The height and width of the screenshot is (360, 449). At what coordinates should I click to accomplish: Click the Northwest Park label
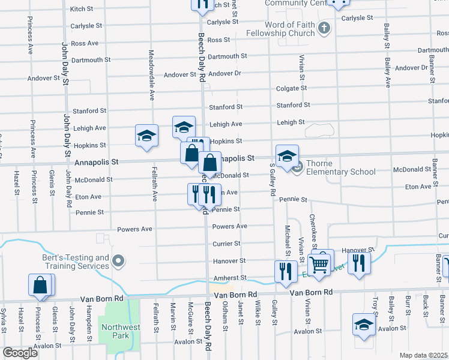(x=121, y=332)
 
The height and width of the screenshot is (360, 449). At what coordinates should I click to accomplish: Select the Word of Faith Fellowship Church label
(x=280, y=28)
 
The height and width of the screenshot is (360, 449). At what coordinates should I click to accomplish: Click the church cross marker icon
(x=324, y=28)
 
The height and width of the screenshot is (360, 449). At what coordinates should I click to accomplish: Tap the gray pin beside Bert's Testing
(x=119, y=261)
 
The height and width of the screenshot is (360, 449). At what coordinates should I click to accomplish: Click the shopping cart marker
(x=319, y=262)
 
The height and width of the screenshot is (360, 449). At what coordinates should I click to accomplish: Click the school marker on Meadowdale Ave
(x=146, y=136)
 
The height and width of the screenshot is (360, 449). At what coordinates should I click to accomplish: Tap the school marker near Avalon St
(x=364, y=325)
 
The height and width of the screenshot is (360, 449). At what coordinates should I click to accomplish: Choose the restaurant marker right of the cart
(x=359, y=263)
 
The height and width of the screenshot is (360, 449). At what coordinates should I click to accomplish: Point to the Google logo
(x=20, y=353)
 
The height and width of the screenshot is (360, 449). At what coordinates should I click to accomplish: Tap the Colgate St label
(x=291, y=88)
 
